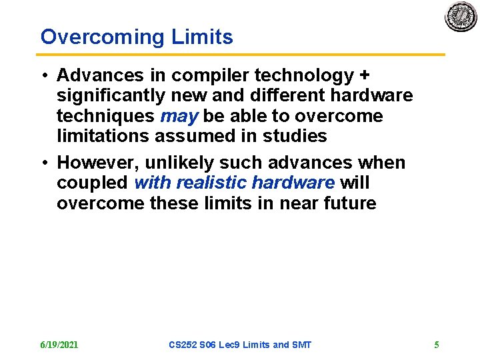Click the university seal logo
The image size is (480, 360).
pos(461,16)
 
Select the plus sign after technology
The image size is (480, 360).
pos(364,75)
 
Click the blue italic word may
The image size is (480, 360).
pos(179,117)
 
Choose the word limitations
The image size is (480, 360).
pos(103,136)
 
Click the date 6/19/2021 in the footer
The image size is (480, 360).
pos(59,345)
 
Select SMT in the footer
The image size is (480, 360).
pos(301,345)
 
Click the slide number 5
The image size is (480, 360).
pos(437,345)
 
